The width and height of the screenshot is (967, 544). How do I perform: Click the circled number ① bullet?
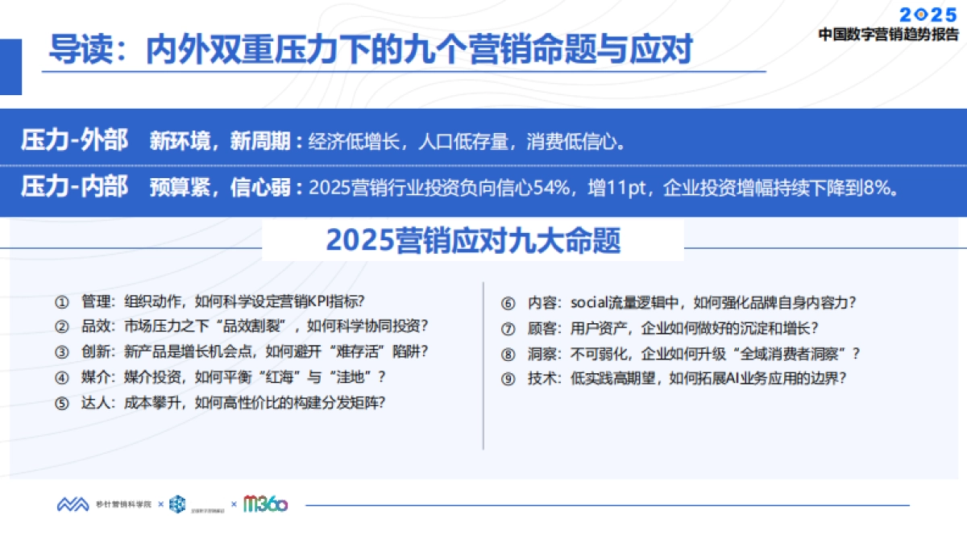point(62,302)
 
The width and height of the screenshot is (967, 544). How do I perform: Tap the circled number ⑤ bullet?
point(62,403)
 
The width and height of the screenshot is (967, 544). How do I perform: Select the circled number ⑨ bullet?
point(508,378)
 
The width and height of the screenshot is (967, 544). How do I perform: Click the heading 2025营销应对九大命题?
point(473,240)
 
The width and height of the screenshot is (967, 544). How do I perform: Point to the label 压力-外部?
point(74,141)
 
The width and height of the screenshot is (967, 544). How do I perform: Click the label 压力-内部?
point(74,188)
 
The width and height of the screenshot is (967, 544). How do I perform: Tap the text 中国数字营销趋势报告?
point(889,35)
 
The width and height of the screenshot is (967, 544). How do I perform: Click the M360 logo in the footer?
point(265,504)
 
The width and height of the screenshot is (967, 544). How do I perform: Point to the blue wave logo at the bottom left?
point(73,505)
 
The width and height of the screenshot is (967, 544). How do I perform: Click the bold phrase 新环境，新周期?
point(219,142)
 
